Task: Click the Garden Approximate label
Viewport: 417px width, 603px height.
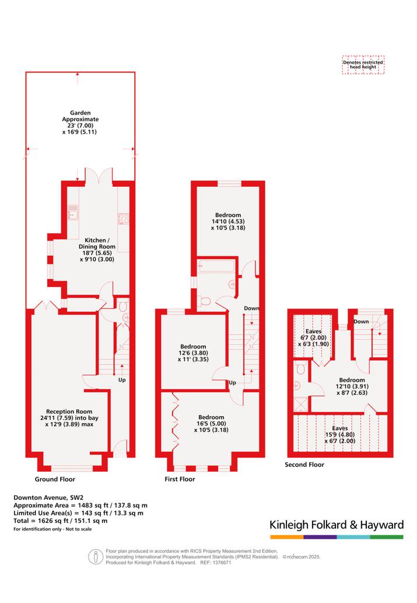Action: tap(80, 122)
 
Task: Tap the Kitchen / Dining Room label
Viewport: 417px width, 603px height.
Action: tap(97, 250)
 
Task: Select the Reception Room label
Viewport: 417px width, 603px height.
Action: tap(69, 417)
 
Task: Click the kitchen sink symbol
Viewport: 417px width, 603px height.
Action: tap(73, 212)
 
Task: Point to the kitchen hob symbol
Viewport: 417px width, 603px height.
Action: tap(124, 218)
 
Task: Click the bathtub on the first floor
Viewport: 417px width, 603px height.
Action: tap(217, 266)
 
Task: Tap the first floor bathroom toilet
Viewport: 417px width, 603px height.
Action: tap(205, 301)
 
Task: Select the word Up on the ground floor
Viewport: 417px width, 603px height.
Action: tap(122, 380)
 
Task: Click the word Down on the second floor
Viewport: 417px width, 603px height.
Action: tap(361, 322)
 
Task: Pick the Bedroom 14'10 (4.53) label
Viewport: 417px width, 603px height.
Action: tap(228, 221)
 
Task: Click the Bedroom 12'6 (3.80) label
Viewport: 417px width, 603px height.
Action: tap(193, 353)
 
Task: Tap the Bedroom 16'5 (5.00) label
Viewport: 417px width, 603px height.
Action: tap(211, 423)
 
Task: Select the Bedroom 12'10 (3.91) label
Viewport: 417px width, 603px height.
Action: tap(352, 386)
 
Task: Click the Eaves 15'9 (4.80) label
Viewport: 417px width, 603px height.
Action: tap(340, 434)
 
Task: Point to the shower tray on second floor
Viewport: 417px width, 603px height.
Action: tap(300, 405)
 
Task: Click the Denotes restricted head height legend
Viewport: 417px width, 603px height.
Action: tap(363, 64)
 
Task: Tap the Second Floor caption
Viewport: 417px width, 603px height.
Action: tap(304, 465)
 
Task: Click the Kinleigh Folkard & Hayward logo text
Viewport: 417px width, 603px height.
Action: tap(337, 525)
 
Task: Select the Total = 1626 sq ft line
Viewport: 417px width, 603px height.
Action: tap(60, 521)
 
